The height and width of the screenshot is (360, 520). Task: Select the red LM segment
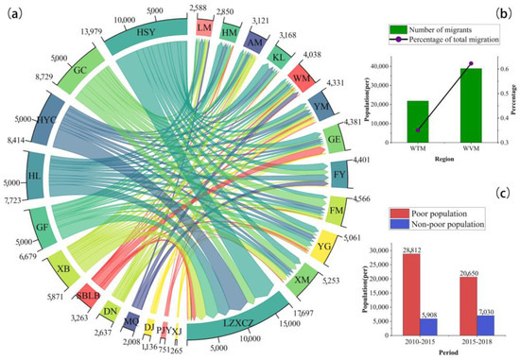(202, 28)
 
